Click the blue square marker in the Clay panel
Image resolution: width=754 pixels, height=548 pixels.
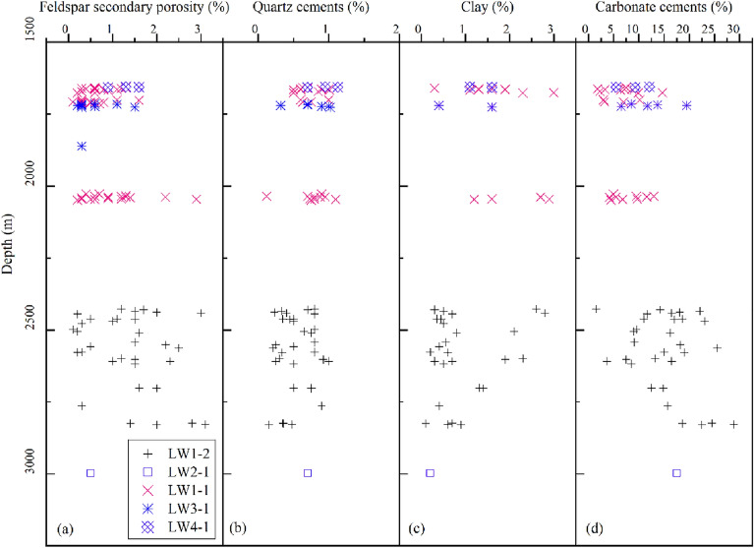point(430,473)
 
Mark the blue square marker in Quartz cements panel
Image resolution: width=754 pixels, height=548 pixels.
point(308,473)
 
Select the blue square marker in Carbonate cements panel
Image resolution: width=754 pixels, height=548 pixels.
point(676,473)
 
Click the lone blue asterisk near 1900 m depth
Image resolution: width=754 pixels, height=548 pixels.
point(82,147)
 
